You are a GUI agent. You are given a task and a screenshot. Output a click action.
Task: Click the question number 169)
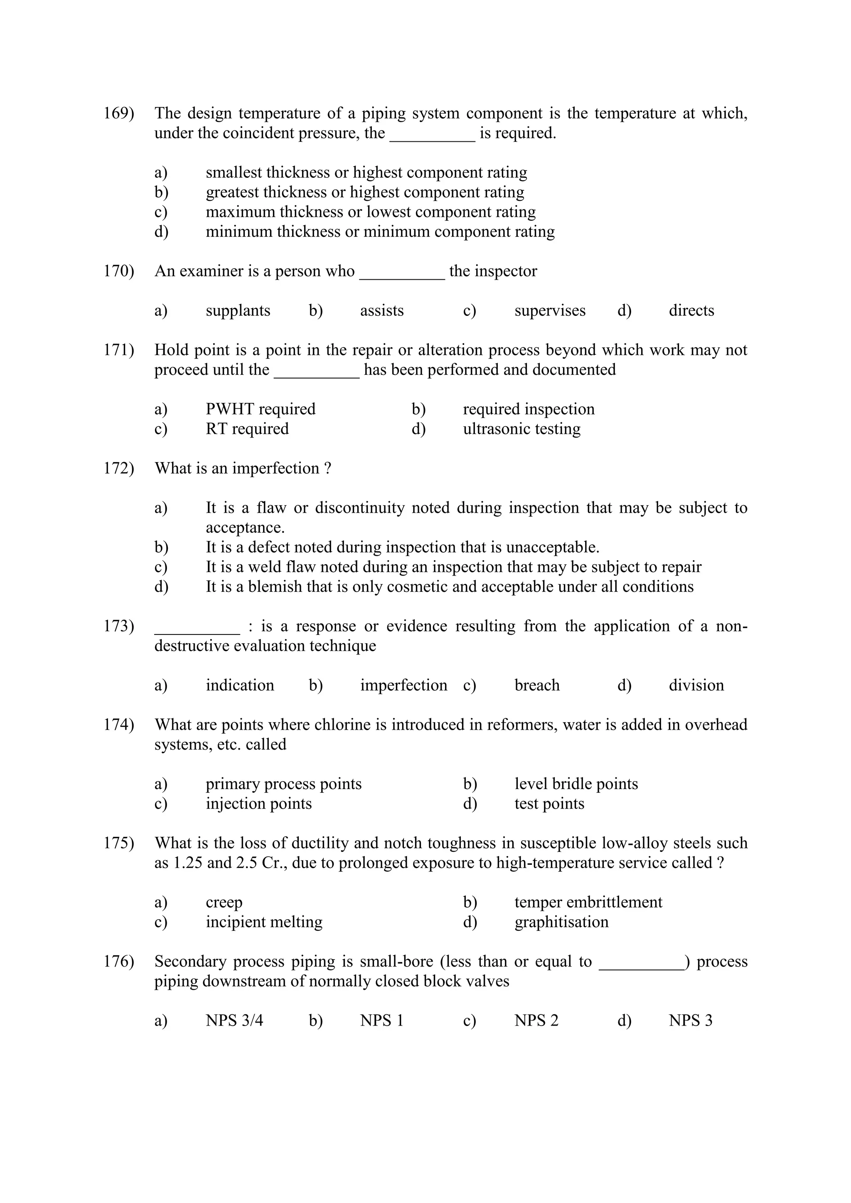pos(118,113)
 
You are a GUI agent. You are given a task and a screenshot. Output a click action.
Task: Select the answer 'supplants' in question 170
pos(238,311)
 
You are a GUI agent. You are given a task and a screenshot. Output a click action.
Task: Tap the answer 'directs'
pos(691,311)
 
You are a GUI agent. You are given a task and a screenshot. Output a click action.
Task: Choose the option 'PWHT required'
pos(261,409)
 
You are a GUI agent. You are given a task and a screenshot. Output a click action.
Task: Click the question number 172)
pos(118,468)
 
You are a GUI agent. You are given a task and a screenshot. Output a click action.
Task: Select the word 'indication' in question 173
pos(240,685)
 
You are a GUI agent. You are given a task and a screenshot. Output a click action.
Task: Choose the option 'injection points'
pos(258,804)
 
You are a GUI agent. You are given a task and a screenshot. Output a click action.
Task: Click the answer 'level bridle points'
pos(576,784)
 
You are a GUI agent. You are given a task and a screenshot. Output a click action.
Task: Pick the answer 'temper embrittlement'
pos(588,902)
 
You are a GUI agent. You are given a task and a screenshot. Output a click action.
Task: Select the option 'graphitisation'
pos(561,922)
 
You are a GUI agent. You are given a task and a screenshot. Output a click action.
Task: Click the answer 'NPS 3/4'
pos(234,1021)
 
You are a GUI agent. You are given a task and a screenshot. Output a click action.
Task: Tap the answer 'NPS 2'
pos(536,1021)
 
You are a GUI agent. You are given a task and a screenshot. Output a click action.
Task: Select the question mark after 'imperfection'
pos(327,468)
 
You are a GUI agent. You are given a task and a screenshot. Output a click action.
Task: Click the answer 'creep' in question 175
pos(224,902)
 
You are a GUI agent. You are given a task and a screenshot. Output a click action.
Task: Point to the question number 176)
pos(118,962)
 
